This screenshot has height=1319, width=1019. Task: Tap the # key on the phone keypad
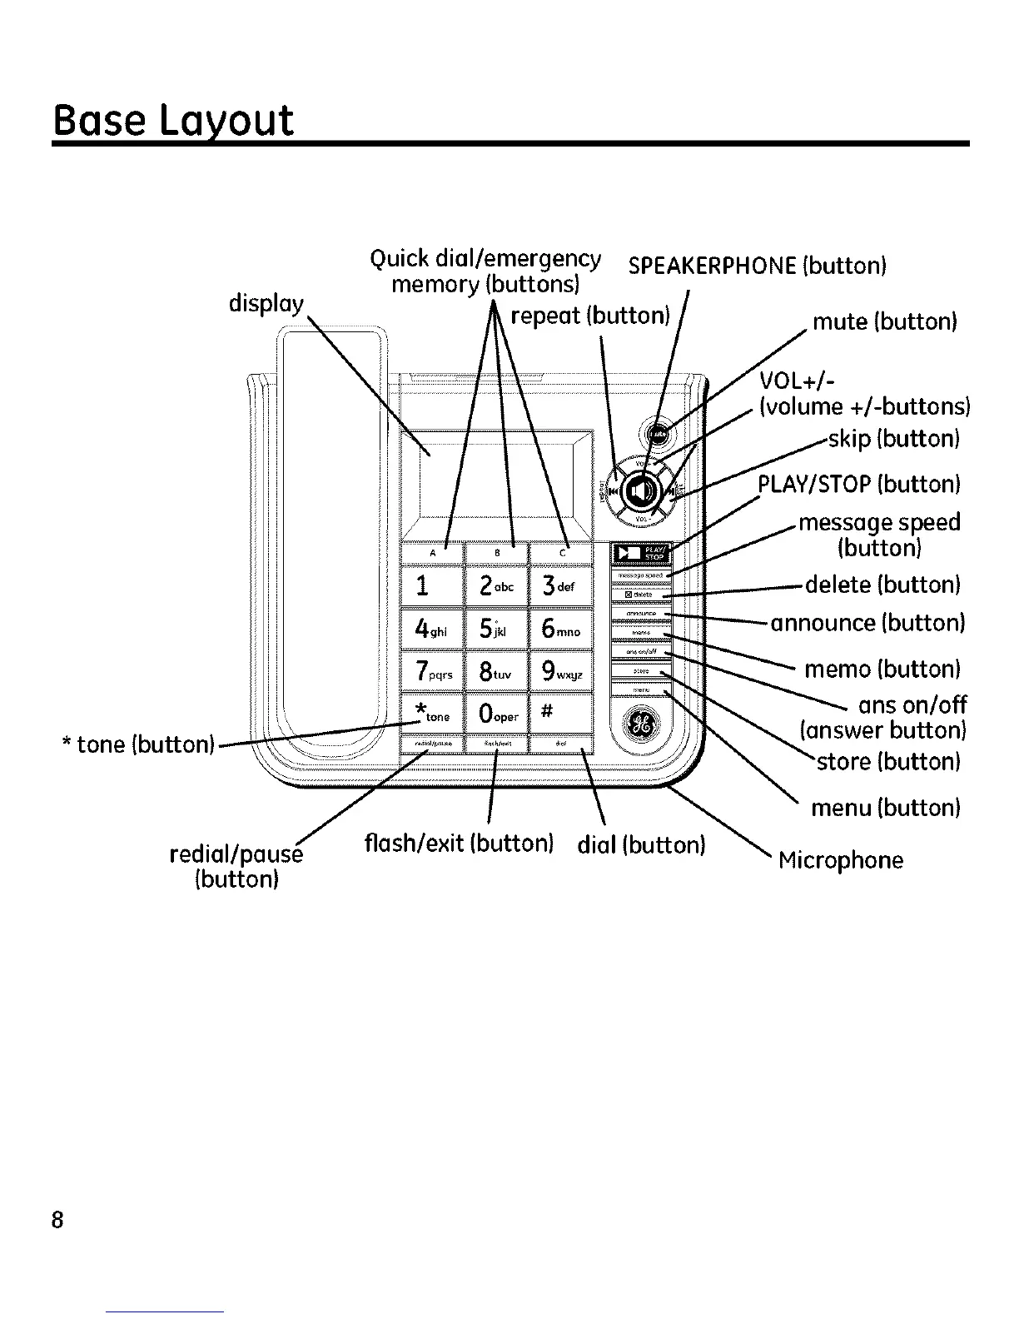560,713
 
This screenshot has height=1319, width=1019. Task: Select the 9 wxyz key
560,671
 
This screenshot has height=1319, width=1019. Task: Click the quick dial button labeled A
432,552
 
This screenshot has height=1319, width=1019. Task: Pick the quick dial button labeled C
561,552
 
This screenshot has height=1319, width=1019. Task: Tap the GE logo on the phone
642,721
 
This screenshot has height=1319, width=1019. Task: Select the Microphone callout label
840,859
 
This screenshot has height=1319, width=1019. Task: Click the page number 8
57,1221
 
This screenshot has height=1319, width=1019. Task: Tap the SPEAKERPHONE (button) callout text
757,266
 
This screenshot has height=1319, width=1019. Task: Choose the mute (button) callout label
884,321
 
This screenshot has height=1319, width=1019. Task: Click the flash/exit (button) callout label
459,844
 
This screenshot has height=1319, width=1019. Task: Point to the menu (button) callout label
886,807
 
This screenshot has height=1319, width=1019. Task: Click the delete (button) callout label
882,585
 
